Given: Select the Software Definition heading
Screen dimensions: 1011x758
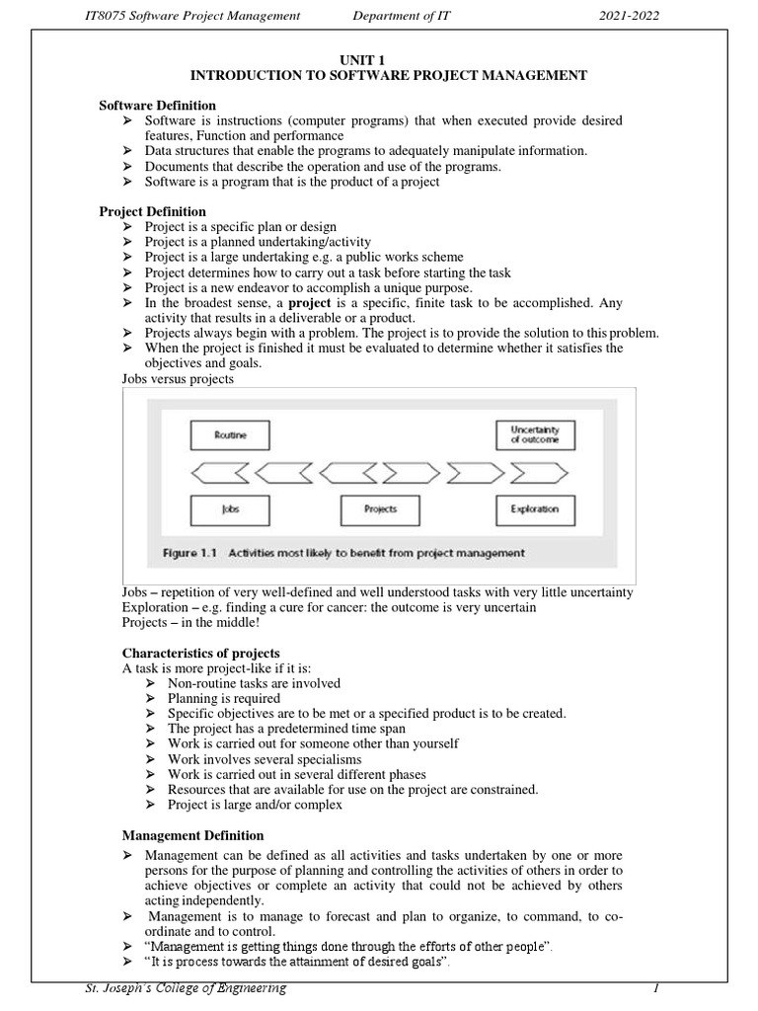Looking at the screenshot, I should pyautogui.click(x=158, y=106).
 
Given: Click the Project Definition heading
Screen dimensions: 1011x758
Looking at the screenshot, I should pyautogui.click(x=153, y=211).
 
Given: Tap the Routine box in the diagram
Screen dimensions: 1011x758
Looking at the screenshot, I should pyautogui.click(x=228, y=434).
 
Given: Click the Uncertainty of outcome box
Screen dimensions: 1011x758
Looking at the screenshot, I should pyautogui.click(x=534, y=434).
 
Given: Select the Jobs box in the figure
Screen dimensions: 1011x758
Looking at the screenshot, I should pyautogui.click(x=228, y=509).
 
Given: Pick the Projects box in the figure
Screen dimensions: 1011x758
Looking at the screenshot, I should pyautogui.click(x=380, y=509).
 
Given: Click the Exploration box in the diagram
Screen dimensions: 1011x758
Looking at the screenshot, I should pyautogui.click(x=534, y=509).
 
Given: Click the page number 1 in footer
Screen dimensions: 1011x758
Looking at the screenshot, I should pyautogui.click(x=654, y=988).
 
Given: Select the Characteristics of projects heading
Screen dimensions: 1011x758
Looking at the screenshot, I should pyautogui.click(x=200, y=654).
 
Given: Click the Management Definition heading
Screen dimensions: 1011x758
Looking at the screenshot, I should pyautogui.click(x=192, y=835).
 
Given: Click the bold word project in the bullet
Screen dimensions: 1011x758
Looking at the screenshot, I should pyautogui.click(x=310, y=302).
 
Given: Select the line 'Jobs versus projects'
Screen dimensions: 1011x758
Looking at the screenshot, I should pyautogui.click(x=178, y=378).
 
